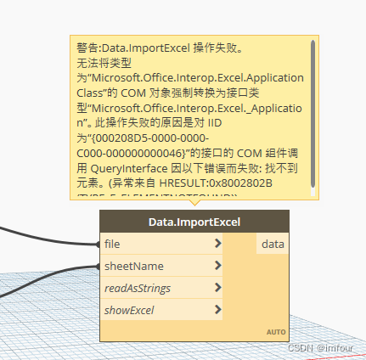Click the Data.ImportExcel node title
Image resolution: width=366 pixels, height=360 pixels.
pos(194,222)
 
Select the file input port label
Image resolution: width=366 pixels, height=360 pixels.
pos(111,244)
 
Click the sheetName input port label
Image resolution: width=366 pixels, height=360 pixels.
pos(134,266)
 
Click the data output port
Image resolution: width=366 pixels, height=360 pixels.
pos(273,244)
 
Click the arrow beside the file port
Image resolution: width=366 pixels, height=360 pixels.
pos(218,244)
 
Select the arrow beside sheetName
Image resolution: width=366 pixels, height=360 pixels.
pos(218,266)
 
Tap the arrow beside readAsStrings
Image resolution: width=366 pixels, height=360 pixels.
pos(218,288)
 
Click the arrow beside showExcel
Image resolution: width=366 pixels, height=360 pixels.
pos(218,310)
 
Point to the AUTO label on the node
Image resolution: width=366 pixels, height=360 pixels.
pos(276,331)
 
